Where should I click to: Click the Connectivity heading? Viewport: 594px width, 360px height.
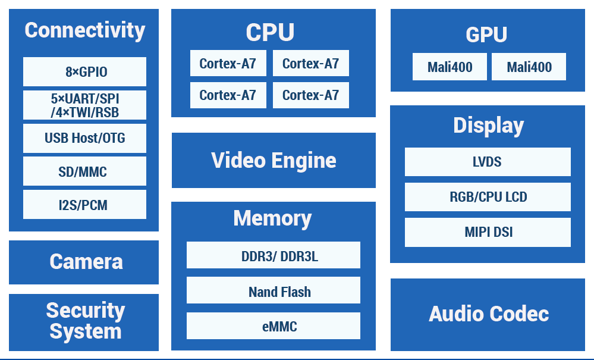coord(84,30)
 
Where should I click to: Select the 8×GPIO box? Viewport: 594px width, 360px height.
coord(84,72)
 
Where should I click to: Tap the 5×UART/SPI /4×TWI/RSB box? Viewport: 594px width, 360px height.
coord(84,105)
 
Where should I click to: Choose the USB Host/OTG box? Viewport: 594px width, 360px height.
coord(84,138)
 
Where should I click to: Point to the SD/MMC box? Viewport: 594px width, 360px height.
coord(84,171)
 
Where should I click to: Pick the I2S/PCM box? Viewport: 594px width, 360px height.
coord(84,205)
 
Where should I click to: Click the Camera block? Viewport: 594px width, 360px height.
coord(84,262)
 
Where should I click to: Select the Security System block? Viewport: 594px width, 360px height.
coord(84,321)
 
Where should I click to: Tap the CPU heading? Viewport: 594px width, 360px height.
coord(270,33)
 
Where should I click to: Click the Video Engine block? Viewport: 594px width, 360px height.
coord(274,160)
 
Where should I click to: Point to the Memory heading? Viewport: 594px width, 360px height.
coord(272,218)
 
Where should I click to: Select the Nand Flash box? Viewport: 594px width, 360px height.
coord(274,291)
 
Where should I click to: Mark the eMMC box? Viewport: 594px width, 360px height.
coord(274,326)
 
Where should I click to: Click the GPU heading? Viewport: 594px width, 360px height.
coord(486,35)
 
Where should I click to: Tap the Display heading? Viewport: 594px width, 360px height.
coord(488,126)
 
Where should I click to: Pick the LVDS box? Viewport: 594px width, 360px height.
coord(488,162)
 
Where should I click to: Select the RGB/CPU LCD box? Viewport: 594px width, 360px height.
coord(488,197)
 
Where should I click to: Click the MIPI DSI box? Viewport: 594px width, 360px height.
coord(488,232)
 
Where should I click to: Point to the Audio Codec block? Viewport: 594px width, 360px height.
coord(488,314)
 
